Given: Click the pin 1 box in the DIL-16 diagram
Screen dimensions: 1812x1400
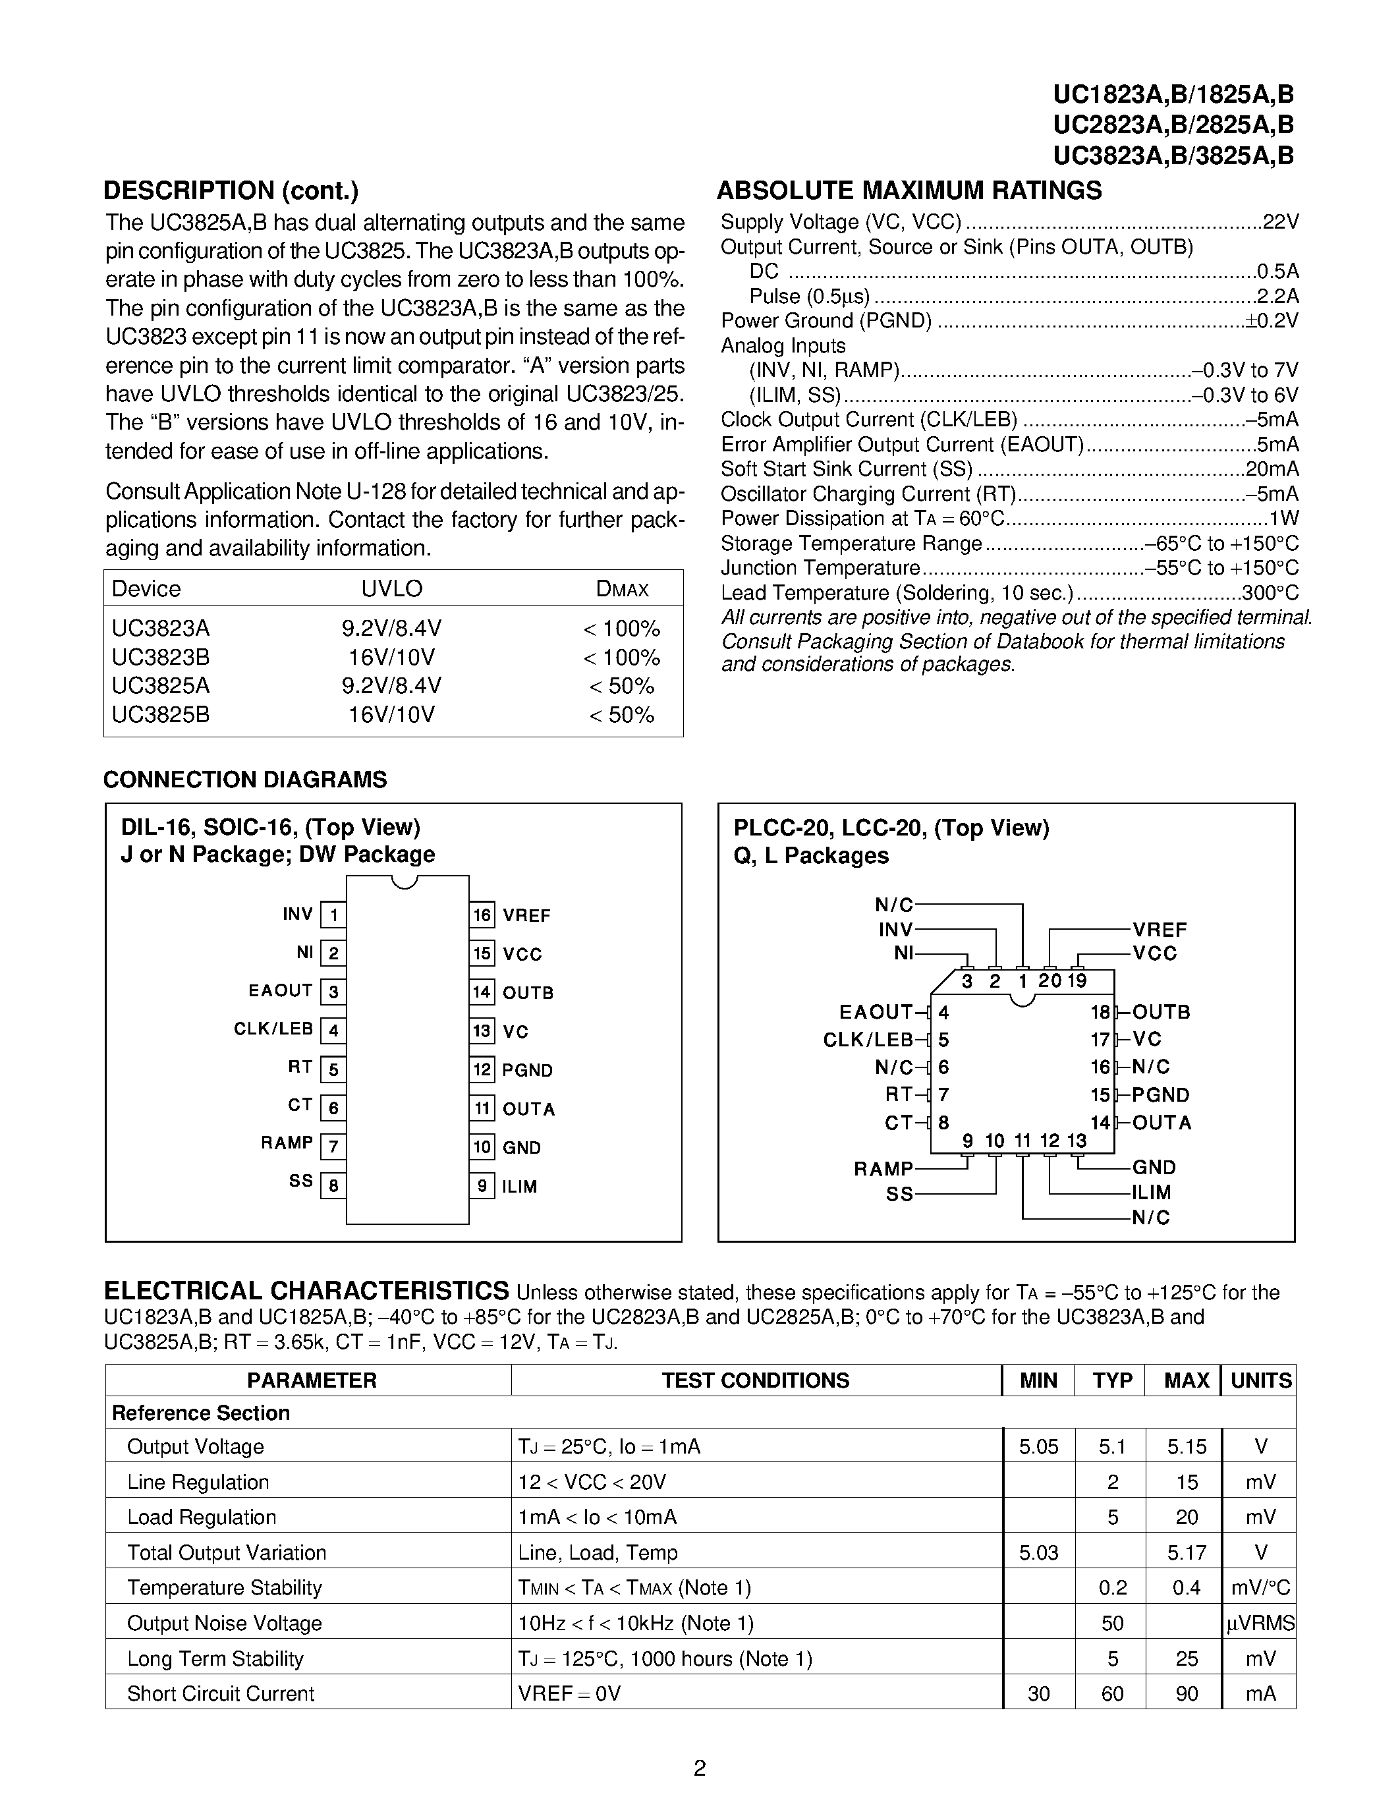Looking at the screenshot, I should click(x=333, y=915).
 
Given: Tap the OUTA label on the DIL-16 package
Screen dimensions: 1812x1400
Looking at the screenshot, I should click(x=528, y=1109).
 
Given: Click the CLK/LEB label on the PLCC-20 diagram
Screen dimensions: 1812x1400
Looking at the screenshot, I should click(x=868, y=1040).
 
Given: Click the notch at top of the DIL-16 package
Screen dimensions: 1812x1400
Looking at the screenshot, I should click(x=404, y=881).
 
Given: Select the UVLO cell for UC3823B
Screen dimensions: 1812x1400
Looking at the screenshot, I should click(x=391, y=657).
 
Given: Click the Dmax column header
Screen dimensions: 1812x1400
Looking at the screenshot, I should click(x=622, y=589).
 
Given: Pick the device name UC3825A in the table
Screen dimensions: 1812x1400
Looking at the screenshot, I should click(x=161, y=686).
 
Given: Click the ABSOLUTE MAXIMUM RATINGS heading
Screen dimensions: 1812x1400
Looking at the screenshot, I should click(x=909, y=191).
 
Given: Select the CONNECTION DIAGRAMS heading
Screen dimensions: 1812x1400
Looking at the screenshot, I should click(x=244, y=780).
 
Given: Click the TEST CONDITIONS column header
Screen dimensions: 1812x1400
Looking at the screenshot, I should click(x=755, y=1380).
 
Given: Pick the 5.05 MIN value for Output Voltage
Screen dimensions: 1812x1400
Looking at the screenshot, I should click(x=1038, y=1447).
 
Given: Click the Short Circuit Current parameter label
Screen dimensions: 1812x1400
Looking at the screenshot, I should click(x=221, y=1694).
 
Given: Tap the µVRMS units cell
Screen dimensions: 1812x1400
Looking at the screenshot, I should click(x=1260, y=1624).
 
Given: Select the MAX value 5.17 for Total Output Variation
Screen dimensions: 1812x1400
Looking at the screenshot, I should click(x=1186, y=1553).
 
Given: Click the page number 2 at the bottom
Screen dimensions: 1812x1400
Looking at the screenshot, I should click(x=699, y=1769).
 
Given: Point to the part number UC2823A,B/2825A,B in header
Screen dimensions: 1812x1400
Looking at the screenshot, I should click(x=1173, y=125).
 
